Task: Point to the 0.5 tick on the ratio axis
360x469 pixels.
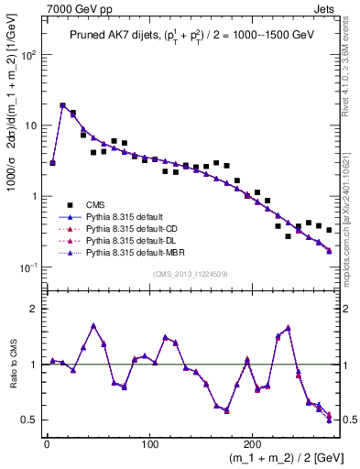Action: click(30, 420)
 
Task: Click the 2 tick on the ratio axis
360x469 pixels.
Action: click(35, 309)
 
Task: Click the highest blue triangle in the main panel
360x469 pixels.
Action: click(62, 105)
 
